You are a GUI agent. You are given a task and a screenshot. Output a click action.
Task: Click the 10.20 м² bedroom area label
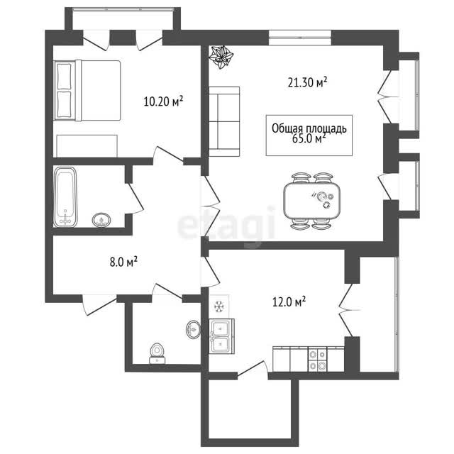[x=163, y=101]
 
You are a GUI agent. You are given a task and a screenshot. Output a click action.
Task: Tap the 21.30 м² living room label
[x=307, y=82]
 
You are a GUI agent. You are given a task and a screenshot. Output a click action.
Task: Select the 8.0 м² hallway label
[x=123, y=262]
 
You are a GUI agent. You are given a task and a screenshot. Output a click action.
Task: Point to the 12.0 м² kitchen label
[x=289, y=302]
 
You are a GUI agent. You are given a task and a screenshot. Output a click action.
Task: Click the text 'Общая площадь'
[x=309, y=129]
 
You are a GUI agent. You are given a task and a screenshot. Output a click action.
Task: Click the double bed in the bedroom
[x=87, y=90]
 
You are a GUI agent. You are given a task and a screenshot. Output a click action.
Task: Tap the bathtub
[x=65, y=197]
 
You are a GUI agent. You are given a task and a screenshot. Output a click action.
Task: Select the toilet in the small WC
[x=157, y=353]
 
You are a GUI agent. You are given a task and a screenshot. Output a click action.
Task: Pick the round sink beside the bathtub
[x=101, y=220]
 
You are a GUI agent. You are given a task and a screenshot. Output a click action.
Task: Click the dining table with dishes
[x=312, y=201]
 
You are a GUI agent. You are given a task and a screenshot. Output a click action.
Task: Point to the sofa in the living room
[x=224, y=121]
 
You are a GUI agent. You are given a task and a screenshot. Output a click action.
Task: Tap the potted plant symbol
[x=221, y=57]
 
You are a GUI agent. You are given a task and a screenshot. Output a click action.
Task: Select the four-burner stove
[x=317, y=360]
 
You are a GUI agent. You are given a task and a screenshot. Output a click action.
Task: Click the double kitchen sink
[x=222, y=336]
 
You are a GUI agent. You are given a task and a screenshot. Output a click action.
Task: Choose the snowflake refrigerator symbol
[x=218, y=306]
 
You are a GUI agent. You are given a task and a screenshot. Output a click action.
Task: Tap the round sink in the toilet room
[x=193, y=329]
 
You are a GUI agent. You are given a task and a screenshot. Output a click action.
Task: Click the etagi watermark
[x=226, y=223]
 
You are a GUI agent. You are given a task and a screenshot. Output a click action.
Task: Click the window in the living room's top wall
[x=300, y=38]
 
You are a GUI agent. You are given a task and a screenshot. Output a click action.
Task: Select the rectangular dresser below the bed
[x=87, y=146]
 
